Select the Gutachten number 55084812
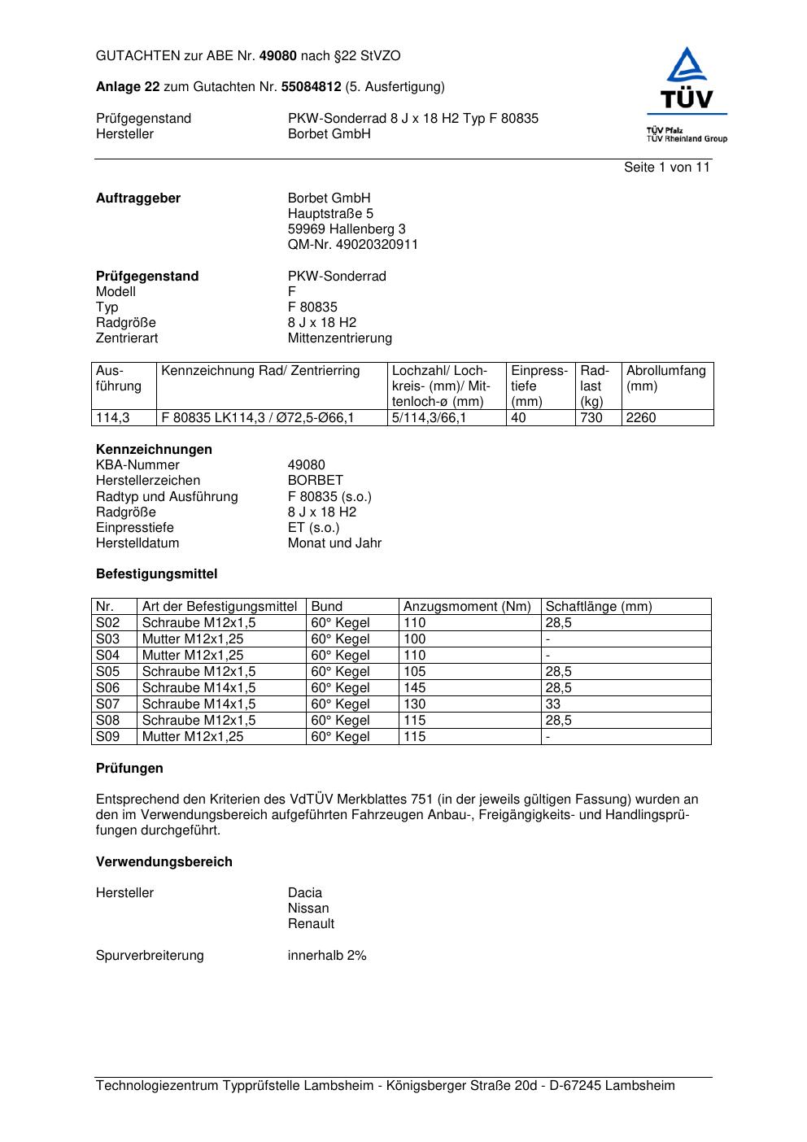(311, 87)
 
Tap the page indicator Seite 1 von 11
(666, 168)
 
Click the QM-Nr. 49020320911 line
(352, 245)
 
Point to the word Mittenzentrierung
(339, 338)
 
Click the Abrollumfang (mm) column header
(666, 378)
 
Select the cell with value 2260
(641, 418)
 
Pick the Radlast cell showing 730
(591, 418)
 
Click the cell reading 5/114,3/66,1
(429, 418)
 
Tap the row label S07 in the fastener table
(108, 704)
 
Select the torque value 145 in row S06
(415, 688)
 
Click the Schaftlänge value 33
(553, 704)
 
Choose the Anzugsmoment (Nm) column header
(467, 607)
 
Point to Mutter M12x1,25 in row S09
(193, 737)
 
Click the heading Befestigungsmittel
(156, 574)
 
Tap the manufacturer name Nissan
(308, 909)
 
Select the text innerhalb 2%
(327, 956)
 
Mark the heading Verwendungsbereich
(164, 862)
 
